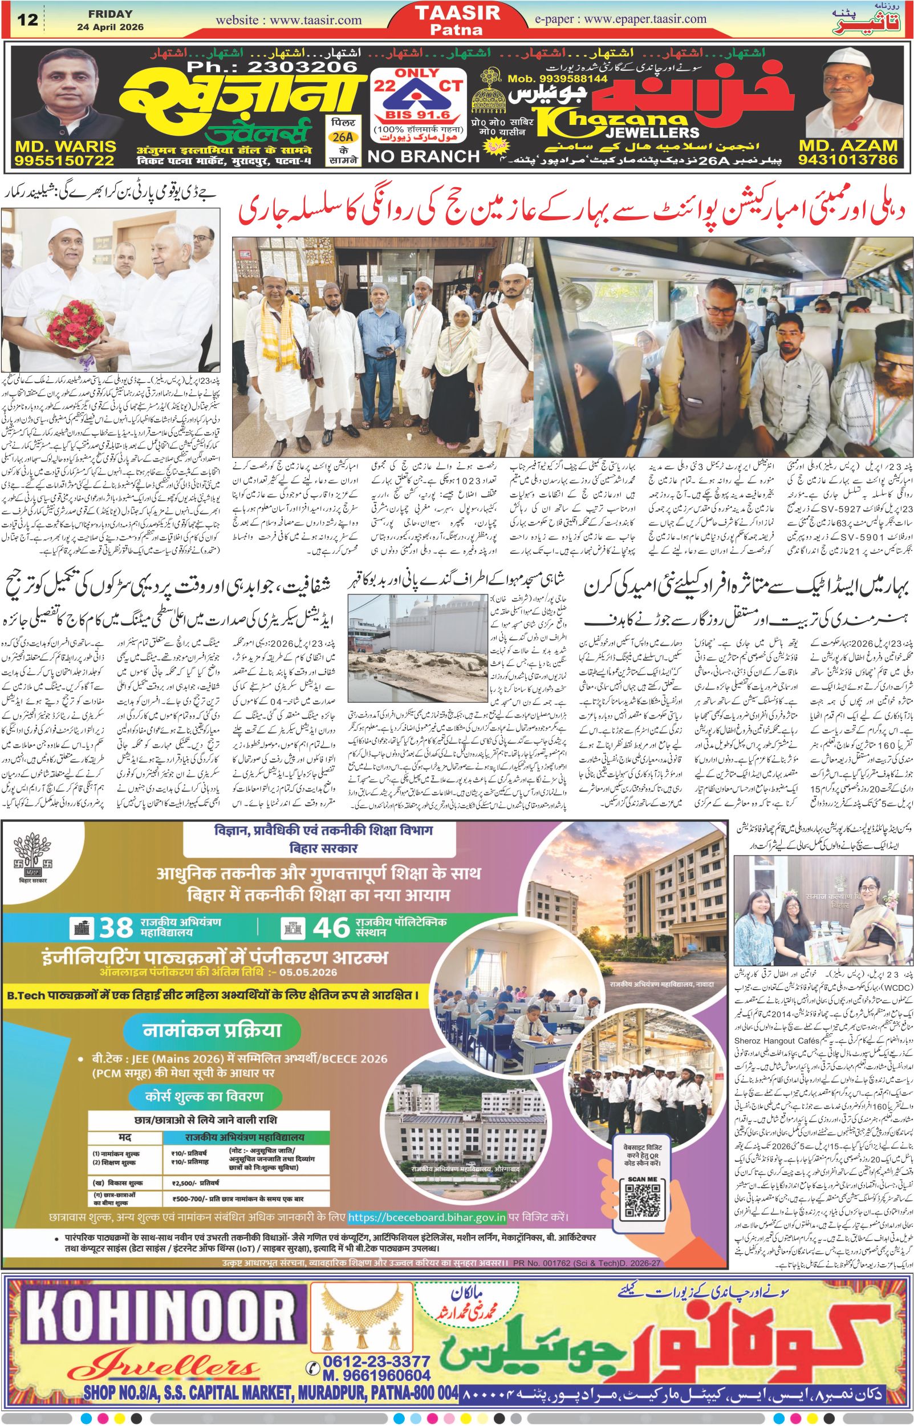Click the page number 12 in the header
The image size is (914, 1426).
pyautogui.click(x=28, y=19)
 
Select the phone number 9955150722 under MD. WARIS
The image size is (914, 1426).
pyautogui.click(x=63, y=160)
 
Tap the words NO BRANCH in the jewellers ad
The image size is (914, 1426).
pyautogui.click(x=423, y=156)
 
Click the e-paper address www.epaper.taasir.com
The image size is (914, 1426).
pyautogui.click(x=629, y=19)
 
